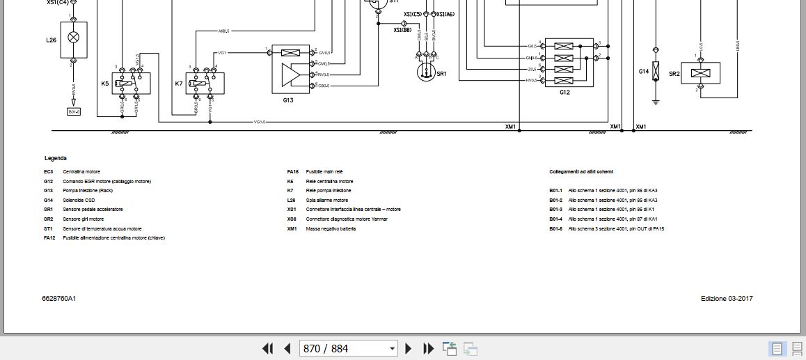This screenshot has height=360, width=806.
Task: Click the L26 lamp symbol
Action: [73, 36]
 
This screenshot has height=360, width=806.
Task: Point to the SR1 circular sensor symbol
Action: [425, 72]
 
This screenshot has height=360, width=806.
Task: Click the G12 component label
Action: [564, 92]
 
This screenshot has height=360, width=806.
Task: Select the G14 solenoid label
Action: [644, 72]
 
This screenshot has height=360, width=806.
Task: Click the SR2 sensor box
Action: [700, 73]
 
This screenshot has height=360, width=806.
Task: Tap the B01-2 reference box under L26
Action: [74, 111]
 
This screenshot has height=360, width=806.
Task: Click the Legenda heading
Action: [56, 158]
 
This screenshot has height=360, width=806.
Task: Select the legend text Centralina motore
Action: [81, 171]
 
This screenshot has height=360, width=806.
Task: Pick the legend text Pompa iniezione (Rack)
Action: [88, 190]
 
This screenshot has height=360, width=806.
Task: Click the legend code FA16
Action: [292, 171]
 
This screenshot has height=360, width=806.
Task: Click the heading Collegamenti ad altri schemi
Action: [580, 171]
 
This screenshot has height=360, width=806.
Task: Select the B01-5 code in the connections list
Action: [555, 228]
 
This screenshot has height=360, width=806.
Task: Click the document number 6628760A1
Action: [59, 299]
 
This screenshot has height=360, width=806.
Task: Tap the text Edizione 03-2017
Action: [727, 299]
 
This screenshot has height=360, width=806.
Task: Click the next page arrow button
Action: [409, 349]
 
